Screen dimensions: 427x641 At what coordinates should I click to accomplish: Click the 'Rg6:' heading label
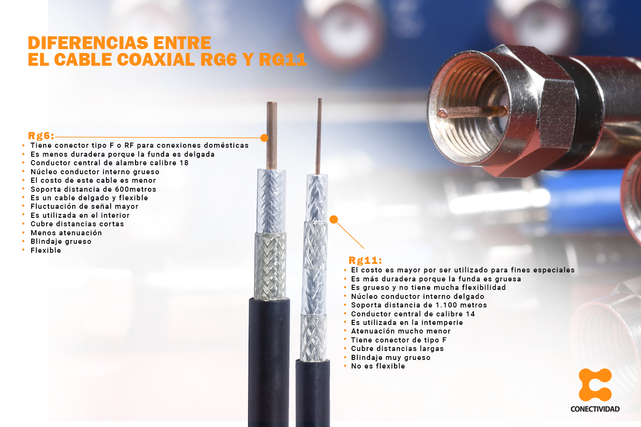(x=41, y=136)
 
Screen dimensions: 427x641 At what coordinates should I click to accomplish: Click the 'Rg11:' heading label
(x=365, y=260)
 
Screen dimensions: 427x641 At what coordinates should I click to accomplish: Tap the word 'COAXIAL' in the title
(x=156, y=60)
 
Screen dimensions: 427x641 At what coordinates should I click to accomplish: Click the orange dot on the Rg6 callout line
(x=264, y=137)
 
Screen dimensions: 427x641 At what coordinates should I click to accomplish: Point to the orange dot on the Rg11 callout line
(x=334, y=219)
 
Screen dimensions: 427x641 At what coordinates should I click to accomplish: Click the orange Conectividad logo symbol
(x=595, y=385)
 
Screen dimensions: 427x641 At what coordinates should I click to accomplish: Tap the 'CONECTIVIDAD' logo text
(x=595, y=409)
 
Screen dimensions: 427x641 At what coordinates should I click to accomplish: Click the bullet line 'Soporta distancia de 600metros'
(x=93, y=189)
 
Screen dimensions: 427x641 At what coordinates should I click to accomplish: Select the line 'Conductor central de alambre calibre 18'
(x=109, y=163)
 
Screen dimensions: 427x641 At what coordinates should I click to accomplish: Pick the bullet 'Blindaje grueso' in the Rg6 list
(x=61, y=241)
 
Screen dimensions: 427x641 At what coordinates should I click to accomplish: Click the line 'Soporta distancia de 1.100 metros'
(x=419, y=305)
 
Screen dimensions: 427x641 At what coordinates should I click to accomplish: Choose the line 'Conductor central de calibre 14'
(x=413, y=314)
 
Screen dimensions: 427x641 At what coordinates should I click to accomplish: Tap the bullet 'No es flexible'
(x=378, y=366)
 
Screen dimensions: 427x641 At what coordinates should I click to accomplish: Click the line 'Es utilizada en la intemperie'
(x=407, y=322)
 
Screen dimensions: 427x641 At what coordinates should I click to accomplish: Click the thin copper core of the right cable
(x=319, y=137)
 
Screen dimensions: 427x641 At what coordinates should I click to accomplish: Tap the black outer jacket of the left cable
(x=269, y=363)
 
